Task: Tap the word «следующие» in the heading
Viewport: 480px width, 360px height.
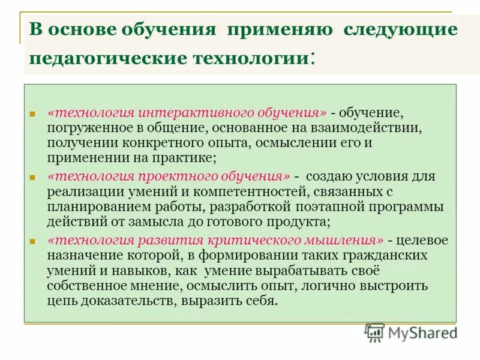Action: [400, 29]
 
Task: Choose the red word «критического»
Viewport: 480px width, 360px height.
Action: [277, 240]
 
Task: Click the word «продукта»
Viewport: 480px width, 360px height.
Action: [297, 221]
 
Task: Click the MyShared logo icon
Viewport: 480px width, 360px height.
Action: [374, 332]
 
